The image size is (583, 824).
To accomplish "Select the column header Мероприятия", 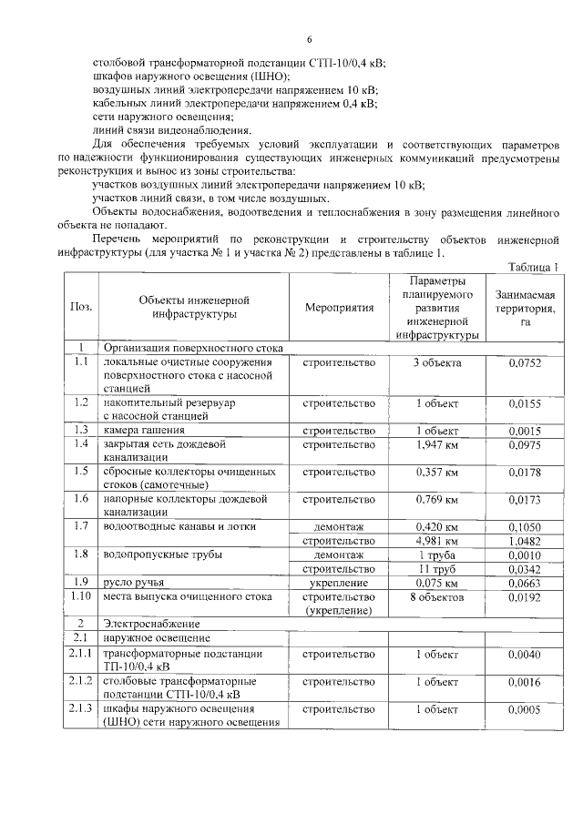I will pos(339,308).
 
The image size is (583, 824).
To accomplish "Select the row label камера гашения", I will pos(144,430).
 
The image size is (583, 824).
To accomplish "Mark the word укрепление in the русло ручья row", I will pos(339,583).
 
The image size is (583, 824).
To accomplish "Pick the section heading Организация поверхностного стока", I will pos(193,348).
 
